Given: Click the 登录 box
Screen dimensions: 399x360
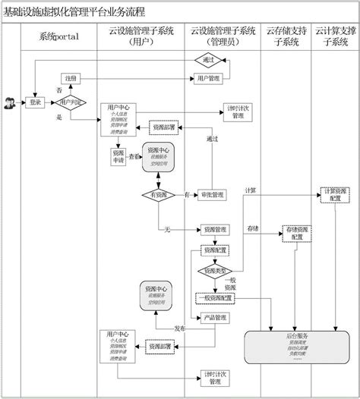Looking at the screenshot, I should tap(35, 102).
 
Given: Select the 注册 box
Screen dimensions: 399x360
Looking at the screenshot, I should tap(71, 79).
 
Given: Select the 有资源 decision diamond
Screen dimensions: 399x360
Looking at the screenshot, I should tap(158, 195).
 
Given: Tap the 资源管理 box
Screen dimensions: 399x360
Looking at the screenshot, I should tap(215, 229).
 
